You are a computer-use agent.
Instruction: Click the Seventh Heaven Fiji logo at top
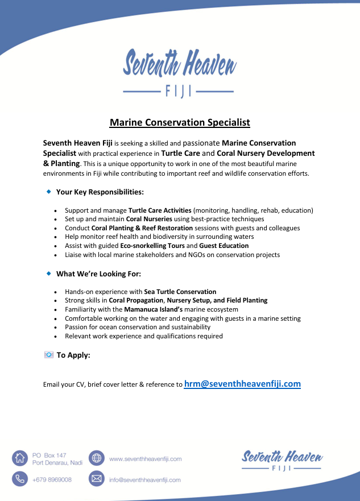[x=180, y=72]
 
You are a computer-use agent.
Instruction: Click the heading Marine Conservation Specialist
[x=180, y=122]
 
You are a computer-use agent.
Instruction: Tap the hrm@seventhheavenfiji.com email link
[x=242, y=384]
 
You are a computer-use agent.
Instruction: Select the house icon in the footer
[x=20, y=458]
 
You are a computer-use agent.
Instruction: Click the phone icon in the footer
[x=20, y=479]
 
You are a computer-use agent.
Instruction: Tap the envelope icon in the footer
[x=97, y=479]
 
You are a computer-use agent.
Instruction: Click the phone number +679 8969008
[x=52, y=479]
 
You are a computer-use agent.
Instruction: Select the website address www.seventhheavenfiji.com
[x=145, y=459]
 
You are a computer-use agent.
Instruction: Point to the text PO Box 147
[x=49, y=455]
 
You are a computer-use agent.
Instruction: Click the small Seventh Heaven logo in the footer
[x=282, y=460]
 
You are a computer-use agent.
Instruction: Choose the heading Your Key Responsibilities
[x=100, y=192]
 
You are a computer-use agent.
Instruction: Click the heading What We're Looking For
[x=94, y=274]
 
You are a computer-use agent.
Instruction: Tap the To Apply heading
[x=73, y=355]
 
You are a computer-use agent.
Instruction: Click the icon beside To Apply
[x=49, y=355]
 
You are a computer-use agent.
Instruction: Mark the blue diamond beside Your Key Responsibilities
[x=49, y=192]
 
